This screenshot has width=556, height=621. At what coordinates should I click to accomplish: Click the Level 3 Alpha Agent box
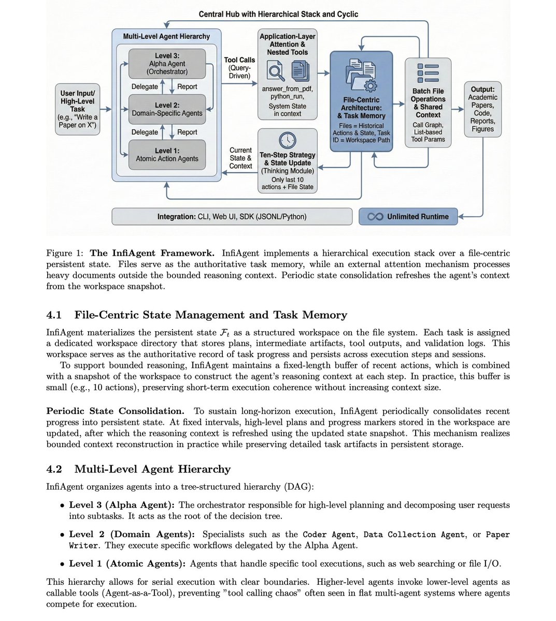167,64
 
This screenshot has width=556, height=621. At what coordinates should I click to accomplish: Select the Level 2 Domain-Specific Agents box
167,109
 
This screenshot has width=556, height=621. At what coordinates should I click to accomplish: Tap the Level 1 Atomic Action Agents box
167,155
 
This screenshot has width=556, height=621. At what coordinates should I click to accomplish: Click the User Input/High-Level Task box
77,109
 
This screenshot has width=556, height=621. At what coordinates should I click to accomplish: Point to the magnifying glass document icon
275,71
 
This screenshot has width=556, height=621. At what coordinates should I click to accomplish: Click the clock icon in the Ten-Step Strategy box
288,140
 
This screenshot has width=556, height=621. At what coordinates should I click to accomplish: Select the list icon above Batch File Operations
428,73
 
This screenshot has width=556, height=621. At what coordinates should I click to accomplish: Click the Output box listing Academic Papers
482,109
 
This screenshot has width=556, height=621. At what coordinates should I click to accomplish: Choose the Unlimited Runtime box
408,217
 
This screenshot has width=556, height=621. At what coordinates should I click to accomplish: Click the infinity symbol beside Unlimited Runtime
375,217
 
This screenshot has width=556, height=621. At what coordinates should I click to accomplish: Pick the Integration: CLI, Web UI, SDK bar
232,217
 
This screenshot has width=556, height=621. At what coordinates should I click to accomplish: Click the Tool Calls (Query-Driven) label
239,68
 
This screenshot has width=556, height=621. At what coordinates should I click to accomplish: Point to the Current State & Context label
240,158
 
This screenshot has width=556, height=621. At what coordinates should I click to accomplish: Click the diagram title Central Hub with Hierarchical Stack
278,14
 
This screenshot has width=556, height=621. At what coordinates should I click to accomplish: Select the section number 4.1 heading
54,315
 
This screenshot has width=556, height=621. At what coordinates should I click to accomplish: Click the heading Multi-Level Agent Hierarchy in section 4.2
152,469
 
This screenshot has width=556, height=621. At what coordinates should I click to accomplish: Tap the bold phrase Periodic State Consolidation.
115,411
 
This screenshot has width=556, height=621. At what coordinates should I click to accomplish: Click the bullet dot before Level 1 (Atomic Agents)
63,564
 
